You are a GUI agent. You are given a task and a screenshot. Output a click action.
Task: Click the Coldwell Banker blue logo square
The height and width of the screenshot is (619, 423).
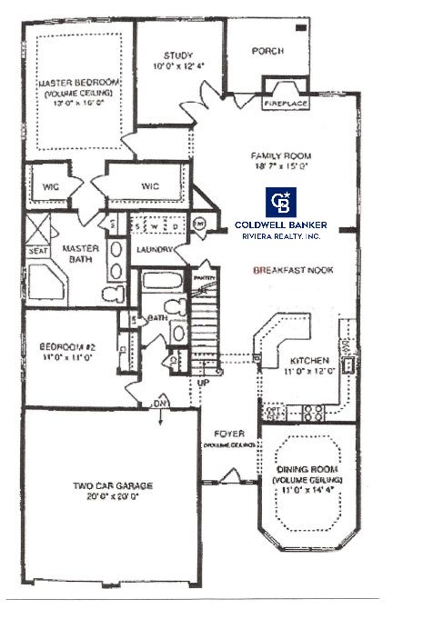[x=278, y=204]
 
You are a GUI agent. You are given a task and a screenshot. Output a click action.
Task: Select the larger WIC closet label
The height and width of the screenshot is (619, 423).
[x=150, y=186]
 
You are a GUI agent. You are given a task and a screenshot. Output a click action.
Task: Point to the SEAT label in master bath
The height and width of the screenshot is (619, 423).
[x=37, y=254]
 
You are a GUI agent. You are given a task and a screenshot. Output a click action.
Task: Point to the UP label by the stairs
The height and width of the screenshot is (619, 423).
[x=205, y=383]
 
